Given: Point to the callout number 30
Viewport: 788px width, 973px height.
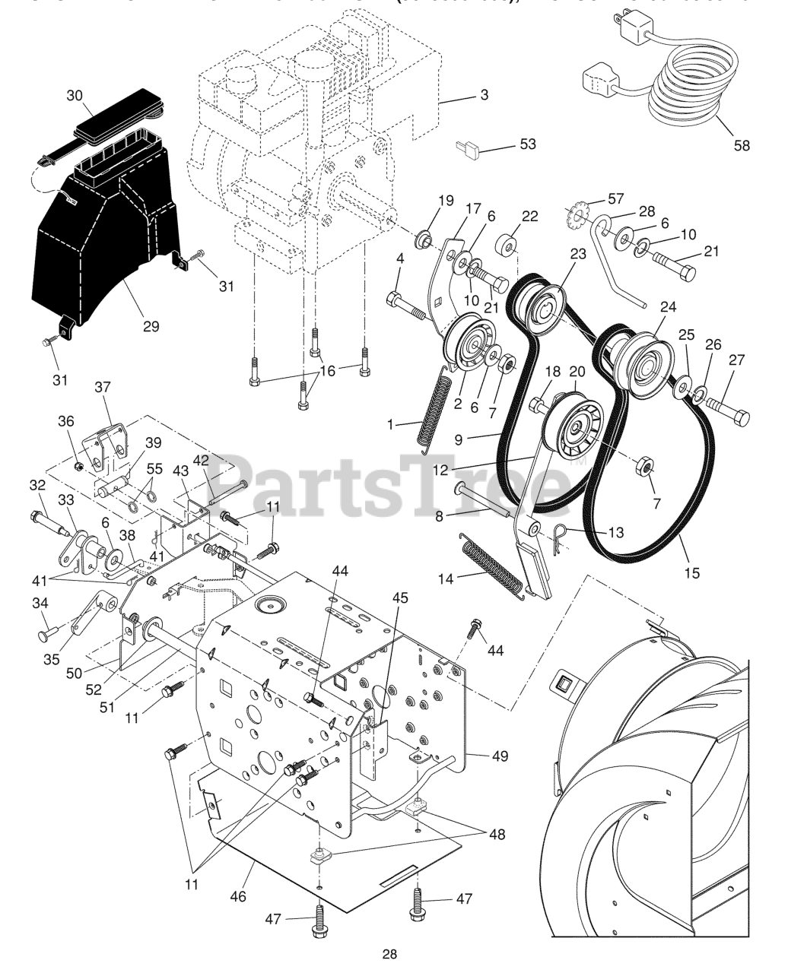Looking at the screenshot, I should coord(74,96).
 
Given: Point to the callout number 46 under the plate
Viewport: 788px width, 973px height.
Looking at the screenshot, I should coord(238,896).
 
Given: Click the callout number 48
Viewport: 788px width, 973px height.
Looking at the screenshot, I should coord(497,835).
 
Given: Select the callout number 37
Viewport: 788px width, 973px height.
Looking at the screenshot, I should coord(103,387).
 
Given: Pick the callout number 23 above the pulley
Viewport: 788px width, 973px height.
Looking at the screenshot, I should coord(578,255).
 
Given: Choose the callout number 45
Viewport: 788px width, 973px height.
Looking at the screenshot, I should coord(400,598).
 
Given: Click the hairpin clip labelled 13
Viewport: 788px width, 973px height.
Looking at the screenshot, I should coord(563,534).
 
